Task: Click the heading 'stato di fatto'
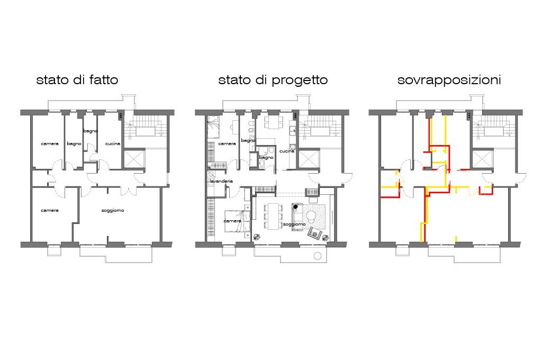click(77, 80)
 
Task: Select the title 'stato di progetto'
click(273, 80)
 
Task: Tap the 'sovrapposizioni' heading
click(449, 80)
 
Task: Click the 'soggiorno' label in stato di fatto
click(113, 210)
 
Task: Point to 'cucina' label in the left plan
click(113, 143)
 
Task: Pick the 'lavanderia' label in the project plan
click(221, 181)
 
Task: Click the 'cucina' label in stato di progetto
click(287, 151)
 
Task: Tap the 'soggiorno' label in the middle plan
click(294, 224)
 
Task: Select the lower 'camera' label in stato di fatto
click(50, 210)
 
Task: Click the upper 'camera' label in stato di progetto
click(227, 143)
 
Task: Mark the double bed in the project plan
click(238, 221)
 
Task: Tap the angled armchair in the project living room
click(314, 233)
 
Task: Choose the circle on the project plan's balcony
click(318, 256)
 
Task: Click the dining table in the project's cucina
click(274, 122)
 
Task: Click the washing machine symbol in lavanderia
click(211, 174)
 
